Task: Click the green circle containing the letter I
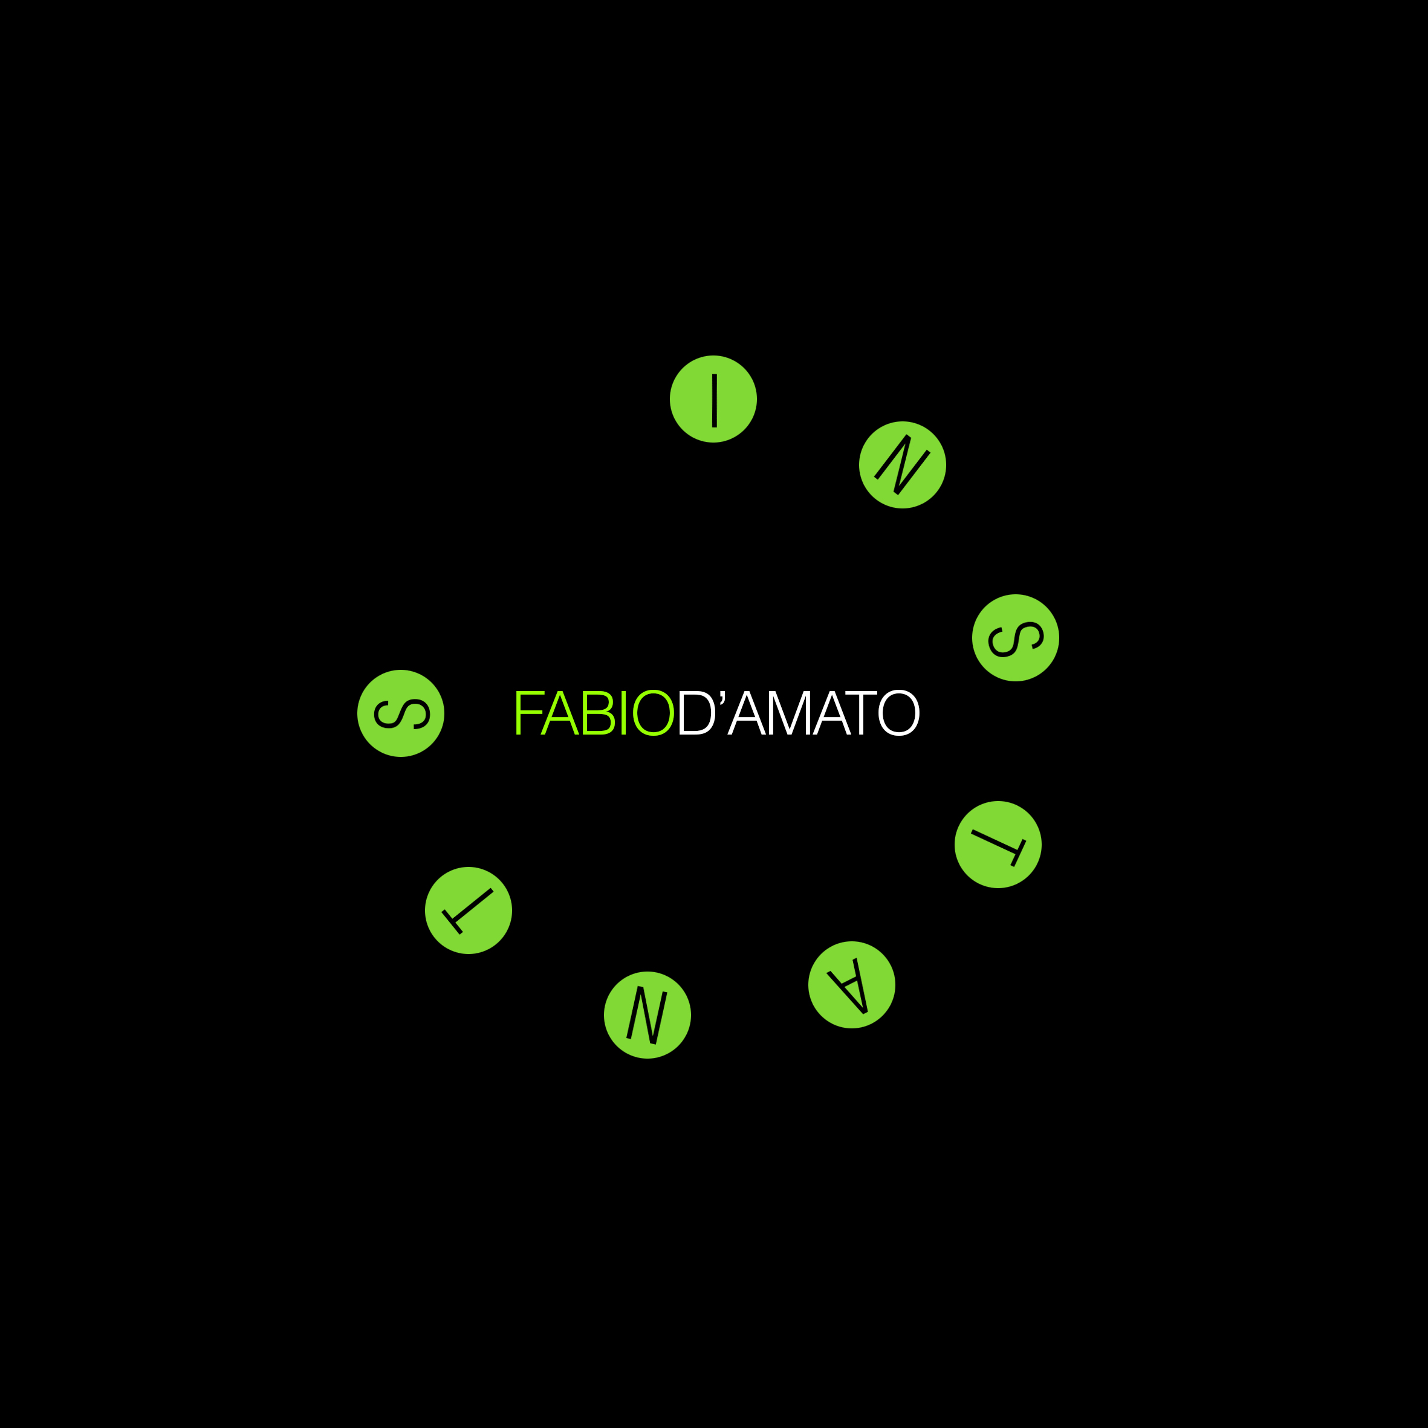pos(713,399)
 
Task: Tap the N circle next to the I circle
pos(903,465)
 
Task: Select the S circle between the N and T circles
pos(1016,638)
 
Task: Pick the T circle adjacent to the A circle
pos(998,845)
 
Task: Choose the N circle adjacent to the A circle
pos(647,1015)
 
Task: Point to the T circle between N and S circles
pos(469,910)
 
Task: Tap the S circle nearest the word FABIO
pos(401,713)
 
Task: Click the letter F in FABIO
pos(529,713)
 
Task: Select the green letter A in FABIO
pos(559,713)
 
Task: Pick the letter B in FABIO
pos(599,713)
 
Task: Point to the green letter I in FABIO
pos(624,713)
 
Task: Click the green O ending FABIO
pos(654,713)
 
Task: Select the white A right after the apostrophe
pos(747,713)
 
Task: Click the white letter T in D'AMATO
pos(861,713)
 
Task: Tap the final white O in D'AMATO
pos(899,713)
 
